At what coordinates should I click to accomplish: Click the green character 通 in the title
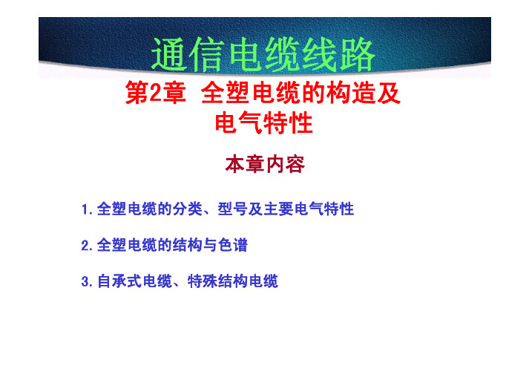[x=169, y=55]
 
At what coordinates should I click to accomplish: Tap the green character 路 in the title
[x=358, y=55]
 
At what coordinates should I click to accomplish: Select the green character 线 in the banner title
[x=320, y=55]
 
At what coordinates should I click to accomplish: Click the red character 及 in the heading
[x=389, y=93]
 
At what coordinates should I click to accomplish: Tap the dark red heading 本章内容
[x=265, y=165]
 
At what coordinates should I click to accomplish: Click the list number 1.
[x=86, y=209]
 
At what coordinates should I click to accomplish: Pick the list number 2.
[x=86, y=246]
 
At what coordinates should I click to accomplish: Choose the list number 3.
[x=86, y=281]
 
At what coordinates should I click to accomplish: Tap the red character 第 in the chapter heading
[x=137, y=93]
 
